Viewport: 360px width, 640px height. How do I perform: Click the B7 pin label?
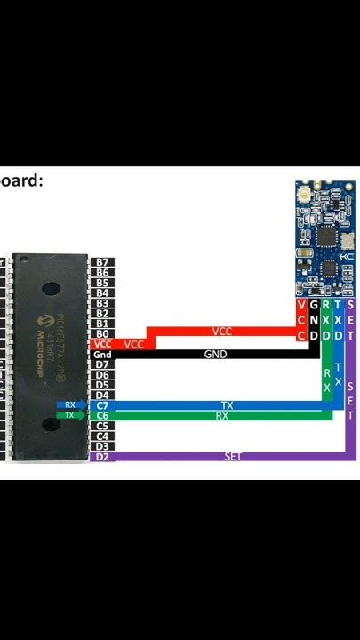point(102,262)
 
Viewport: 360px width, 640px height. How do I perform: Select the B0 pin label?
point(102,333)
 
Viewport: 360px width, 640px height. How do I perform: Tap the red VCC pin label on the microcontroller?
point(102,344)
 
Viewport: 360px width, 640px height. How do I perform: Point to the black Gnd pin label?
point(102,355)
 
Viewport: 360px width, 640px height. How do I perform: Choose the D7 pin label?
point(102,364)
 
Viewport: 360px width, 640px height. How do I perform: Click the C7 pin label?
point(102,405)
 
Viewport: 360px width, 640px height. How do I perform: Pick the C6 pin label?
point(102,415)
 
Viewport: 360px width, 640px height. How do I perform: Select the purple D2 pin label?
point(102,456)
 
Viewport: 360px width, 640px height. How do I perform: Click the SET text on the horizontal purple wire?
point(233,456)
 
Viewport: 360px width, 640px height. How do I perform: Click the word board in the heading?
point(21,180)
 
